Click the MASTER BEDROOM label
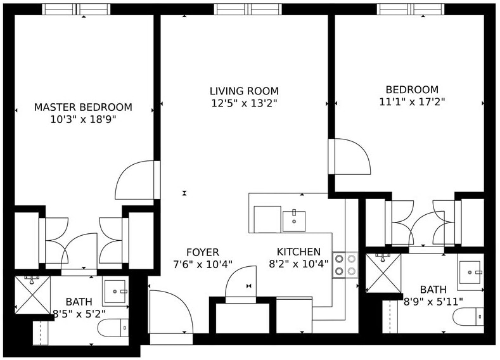click(83, 107)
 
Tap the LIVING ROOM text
click(244, 91)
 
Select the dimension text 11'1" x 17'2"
click(412, 101)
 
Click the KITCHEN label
click(298, 252)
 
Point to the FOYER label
click(203, 252)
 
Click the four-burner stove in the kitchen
click(345, 265)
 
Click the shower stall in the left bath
click(32, 294)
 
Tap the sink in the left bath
click(115, 292)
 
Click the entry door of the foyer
click(170, 314)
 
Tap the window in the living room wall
click(247, 9)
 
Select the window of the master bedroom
click(76, 9)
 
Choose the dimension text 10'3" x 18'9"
click(83, 119)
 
